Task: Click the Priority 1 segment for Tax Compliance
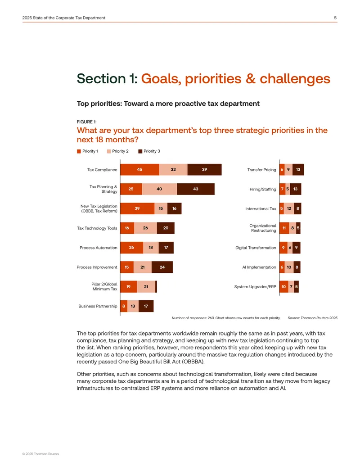coord(139,169)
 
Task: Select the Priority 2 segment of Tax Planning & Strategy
coord(159,189)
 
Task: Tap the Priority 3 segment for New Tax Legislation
coord(174,208)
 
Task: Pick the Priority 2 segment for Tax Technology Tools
coord(145,228)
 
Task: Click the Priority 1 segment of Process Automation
coord(131,248)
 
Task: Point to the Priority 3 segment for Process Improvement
coord(162,267)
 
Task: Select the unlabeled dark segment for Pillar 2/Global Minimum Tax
coord(156,287)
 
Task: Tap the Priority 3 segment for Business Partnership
coord(146,306)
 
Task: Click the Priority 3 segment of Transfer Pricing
coord(298,169)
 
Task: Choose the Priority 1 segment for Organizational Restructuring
coord(284,228)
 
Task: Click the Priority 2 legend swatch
coord(109,151)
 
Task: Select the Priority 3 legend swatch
coord(140,151)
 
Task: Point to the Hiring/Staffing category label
coord(262,189)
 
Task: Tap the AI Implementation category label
coord(259,267)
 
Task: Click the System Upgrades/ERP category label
coord(255,287)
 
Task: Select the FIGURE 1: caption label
coord(87,122)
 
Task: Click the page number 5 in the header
coord(335,18)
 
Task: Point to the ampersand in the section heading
coord(251,79)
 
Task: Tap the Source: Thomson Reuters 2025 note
coord(312,318)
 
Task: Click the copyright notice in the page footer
coord(40,454)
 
